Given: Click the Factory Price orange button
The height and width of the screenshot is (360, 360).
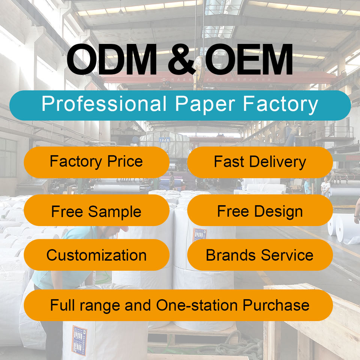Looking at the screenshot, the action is tap(96, 162).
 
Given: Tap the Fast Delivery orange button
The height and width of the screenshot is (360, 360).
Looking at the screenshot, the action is tap(260, 162).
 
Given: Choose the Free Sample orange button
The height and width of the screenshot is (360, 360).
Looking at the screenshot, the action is tap(96, 211).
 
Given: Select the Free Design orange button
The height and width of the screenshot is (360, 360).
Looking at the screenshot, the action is tap(260, 211).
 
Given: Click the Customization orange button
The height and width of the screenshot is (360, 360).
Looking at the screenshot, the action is tap(96, 255).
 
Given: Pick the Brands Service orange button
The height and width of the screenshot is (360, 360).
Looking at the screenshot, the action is tap(260, 255).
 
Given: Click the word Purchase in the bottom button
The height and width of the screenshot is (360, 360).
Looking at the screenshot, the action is tap(276, 305).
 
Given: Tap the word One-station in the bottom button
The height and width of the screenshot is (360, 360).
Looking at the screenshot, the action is tap(197, 305).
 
